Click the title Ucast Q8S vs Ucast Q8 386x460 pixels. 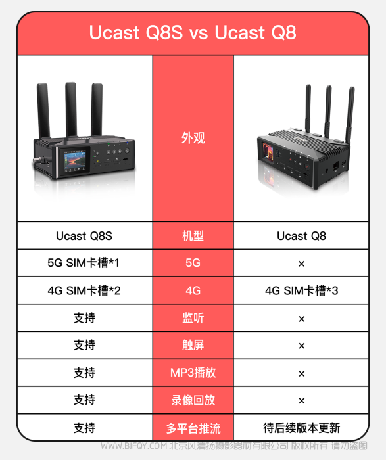[193, 32]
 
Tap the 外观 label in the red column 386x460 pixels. [193, 137]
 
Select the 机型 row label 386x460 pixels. [193, 235]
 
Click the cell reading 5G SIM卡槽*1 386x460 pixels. [84, 263]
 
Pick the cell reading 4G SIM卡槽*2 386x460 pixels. [84, 290]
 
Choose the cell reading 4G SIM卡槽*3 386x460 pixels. [301, 290]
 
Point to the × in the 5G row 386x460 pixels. [301, 264]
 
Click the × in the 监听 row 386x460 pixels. [301, 319]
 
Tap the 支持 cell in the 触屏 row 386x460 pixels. [84, 345]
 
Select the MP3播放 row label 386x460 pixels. [193, 373]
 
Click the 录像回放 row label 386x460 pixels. [193, 400]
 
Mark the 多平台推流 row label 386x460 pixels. [193, 428]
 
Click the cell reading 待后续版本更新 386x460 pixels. [301, 428]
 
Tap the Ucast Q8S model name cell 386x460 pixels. [84, 235]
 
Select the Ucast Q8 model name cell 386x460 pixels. [301, 235]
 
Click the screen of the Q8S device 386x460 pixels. [75, 161]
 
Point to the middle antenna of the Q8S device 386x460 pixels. [71, 110]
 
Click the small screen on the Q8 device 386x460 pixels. [268, 152]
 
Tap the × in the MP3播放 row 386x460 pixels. [301, 373]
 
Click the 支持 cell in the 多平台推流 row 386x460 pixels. [84, 428]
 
